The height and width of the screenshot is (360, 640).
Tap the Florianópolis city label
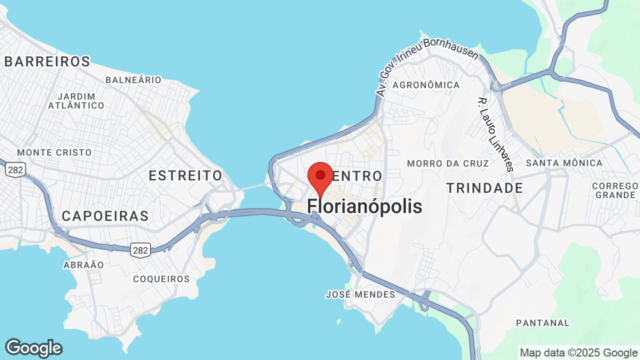point(364,206)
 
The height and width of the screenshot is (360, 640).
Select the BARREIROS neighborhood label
point(47,61)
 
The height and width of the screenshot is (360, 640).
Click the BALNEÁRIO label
point(133,80)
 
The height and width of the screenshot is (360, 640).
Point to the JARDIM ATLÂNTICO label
point(76,100)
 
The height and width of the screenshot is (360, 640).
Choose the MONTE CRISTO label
point(54,152)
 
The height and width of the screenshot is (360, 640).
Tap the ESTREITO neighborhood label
point(185,175)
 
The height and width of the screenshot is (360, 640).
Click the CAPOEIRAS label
point(105,215)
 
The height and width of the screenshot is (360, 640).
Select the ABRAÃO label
point(83,265)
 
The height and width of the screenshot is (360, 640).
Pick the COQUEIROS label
point(161,279)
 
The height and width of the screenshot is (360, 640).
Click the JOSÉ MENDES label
point(360,294)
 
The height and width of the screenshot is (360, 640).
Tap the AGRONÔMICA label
point(426,85)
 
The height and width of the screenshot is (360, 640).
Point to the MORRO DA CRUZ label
point(448,163)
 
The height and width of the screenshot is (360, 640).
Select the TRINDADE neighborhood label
point(484,188)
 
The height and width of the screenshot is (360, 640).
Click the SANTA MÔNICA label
point(564,163)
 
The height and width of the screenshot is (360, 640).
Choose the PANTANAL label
point(543,323)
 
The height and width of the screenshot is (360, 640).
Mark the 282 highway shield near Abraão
point(140,250)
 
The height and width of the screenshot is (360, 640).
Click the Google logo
point(33,348)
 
